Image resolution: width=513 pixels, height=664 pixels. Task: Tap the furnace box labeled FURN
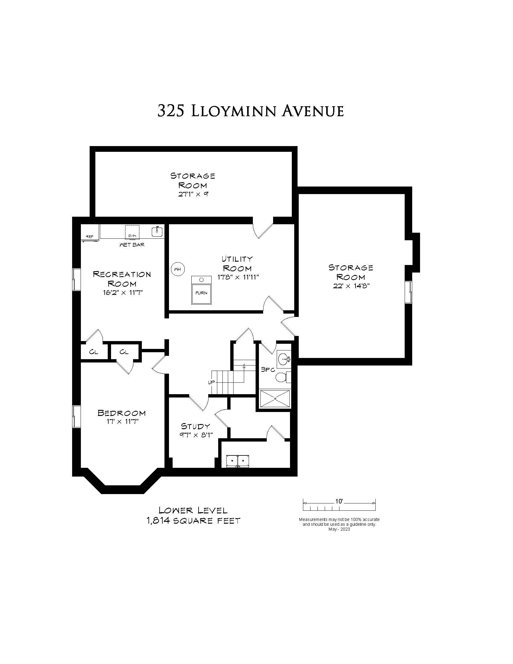201,290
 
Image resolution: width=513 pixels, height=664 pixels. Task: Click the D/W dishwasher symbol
132,232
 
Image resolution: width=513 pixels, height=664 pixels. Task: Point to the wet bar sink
157,232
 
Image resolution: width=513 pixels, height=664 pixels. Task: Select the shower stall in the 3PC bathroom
274,399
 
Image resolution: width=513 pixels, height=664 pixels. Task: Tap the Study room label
196,426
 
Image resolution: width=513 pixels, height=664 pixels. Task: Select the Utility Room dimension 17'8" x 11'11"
238,277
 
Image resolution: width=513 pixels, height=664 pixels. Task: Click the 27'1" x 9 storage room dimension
193,194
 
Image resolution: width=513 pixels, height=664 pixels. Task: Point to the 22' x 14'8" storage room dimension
351,286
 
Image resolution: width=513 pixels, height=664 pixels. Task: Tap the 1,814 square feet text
193,521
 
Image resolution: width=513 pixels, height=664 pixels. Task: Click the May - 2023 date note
339,529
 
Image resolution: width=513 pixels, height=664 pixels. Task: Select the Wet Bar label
132,245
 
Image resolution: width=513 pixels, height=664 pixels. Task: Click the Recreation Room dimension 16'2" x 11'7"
123,293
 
